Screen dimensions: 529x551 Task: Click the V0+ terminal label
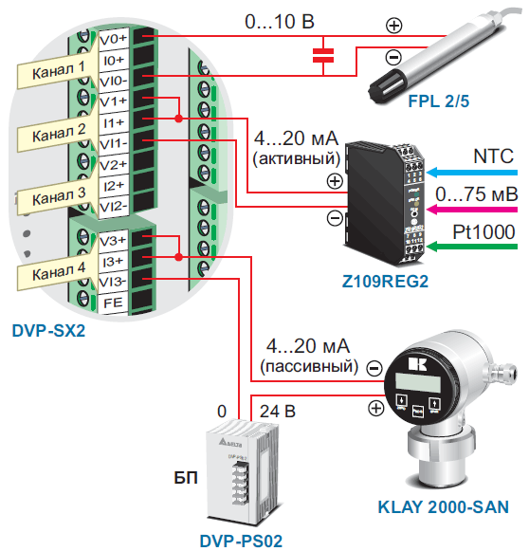click(113, 39)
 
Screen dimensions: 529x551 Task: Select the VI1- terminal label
click(114, 144)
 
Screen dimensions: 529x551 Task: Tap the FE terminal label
click(113, 303)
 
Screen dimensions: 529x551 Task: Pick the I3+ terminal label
click(113, 262)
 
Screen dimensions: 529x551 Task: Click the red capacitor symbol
click(323, 56)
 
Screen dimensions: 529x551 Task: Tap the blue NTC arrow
click(472, 173)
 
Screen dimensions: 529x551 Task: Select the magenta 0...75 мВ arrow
click(472, 210)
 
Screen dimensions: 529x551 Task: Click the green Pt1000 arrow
click(472, 247)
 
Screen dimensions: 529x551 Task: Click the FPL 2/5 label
click(438, 101)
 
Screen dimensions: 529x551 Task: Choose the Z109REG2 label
click(385, 282)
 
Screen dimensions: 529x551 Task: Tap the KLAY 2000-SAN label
click(444, 507)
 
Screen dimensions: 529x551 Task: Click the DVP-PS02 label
click(241, 542)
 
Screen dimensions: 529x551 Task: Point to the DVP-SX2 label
click(48, 331)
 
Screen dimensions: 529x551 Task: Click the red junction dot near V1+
click(179, 119)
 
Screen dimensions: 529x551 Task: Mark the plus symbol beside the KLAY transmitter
click(375, 408)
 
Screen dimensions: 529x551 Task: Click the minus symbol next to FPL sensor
click(393, 57)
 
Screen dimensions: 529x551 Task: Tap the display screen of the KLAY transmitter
click(418, 382)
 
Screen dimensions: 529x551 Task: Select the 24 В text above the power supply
click(278, 412)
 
